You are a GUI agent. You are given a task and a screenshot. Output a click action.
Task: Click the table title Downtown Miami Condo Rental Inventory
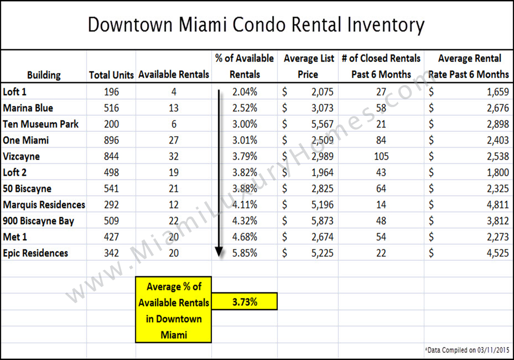(256, 25)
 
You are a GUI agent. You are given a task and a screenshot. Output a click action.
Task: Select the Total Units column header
(111, 75)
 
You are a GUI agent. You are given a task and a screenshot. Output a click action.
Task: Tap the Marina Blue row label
(28, 108)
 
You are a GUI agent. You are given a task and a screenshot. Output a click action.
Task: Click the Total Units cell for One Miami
(111, 140)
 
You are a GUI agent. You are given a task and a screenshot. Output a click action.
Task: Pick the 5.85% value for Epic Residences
(245, 253)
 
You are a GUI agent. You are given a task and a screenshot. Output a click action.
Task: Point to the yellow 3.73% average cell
(245, 302)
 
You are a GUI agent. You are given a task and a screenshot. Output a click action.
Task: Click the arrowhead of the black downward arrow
(219, 252)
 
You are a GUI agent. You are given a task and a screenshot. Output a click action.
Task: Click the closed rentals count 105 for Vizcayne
(381, 156)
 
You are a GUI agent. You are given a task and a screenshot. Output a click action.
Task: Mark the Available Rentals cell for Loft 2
(174, 172)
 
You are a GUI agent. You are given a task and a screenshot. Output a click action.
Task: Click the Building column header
(44, 75)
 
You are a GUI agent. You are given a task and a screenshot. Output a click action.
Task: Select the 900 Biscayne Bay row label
(39, 221)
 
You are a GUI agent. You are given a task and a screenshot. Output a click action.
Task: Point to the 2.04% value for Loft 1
(245, 92)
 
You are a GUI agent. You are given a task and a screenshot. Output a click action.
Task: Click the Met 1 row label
(15, 237)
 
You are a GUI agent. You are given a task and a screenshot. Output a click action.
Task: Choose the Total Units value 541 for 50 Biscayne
(111, 188)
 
